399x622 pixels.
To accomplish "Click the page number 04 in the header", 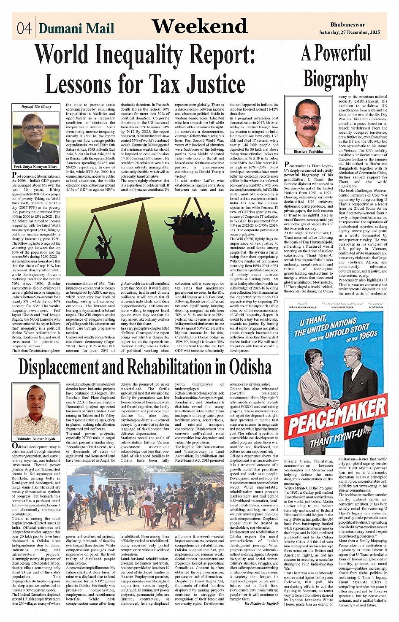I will pos(24,28).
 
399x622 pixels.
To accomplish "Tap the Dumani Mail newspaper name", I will pos(76,28).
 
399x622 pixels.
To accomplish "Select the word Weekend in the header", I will pos(199,27).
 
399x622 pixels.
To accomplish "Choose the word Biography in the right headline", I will pos(335,80).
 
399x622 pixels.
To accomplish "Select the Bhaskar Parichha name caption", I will pos(308,151).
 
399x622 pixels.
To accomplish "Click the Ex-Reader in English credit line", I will pos(261,603).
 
